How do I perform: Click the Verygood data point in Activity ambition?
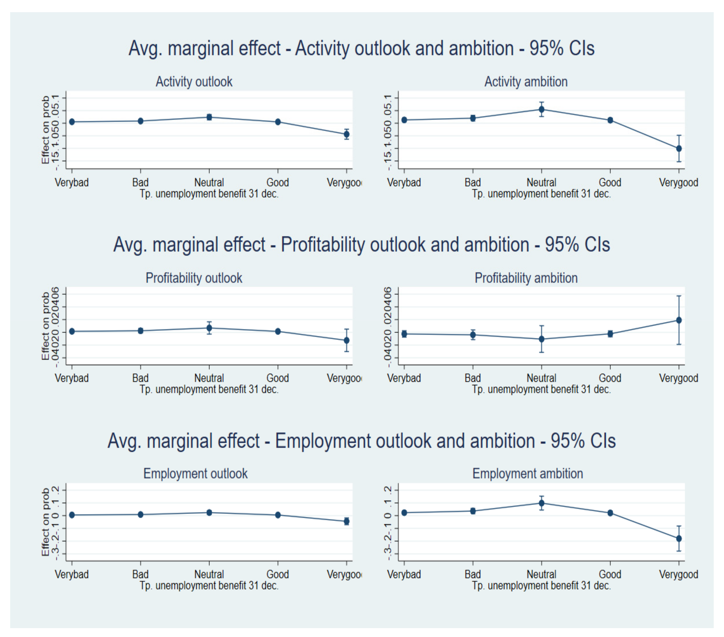point(679,148)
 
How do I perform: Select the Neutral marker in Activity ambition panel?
point(541,109)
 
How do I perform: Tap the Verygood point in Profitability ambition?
point(679,320)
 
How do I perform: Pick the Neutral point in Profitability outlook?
point(209,328)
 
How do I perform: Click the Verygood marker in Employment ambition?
point(679,539)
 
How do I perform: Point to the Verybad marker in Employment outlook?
point(72,515)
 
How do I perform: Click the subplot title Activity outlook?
point(194,82)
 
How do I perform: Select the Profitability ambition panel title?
point(526,278)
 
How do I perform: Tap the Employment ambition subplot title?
point(527,474)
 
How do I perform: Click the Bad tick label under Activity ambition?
point(472,182)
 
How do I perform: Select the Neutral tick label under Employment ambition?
point(541,574)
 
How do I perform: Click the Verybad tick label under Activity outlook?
point(72,182)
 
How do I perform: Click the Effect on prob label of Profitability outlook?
point(45,326)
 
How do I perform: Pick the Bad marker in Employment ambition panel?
point(472,511)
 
